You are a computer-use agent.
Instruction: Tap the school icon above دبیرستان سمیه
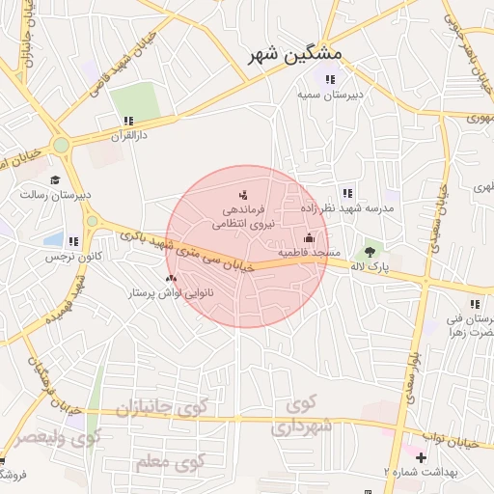coord(331,79)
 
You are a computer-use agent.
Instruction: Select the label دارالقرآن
coord(126,137)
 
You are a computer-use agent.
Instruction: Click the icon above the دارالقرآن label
coord(126,122)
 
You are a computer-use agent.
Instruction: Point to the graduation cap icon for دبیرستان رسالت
coord(55,179)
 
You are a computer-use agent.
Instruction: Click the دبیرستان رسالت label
coord(56,194)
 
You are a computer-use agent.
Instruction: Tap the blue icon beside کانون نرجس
coord(72,240)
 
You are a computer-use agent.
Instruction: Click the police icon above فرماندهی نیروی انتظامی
coord(242,195)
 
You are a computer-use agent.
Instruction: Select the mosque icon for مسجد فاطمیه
coord(309,237)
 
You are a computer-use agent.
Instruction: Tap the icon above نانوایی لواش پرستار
coord(172,277)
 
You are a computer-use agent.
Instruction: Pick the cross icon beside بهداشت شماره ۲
coord(421,455)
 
